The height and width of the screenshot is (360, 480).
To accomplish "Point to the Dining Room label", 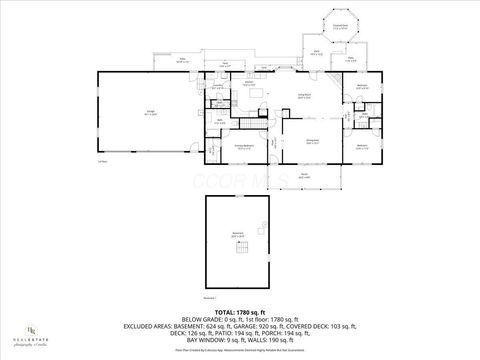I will (311, 142).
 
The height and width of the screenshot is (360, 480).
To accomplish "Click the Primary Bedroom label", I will (244, 146).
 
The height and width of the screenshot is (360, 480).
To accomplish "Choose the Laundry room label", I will (217, 87).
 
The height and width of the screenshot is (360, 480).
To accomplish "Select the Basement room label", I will (238, 236).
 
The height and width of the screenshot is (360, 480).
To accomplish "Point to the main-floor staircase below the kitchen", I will (247, 123).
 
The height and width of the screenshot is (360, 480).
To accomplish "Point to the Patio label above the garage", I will (183, 59).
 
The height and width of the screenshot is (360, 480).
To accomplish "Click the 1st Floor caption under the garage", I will (102, 161).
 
